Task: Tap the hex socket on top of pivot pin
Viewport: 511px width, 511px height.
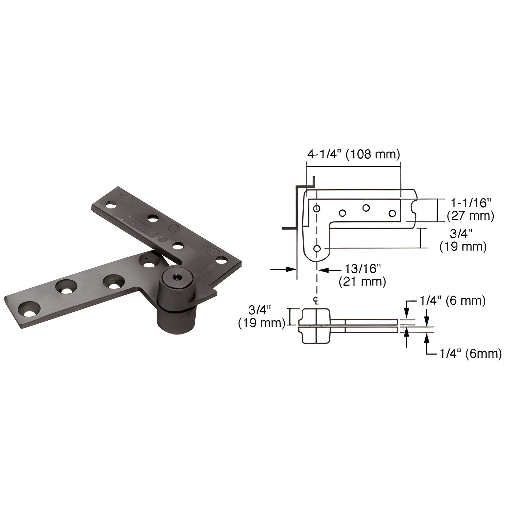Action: pyautogui.click(x=175, y=278)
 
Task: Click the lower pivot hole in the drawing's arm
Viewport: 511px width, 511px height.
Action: pyautogui.click(x=317, y=248)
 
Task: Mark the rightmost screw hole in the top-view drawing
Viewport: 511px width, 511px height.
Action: pyautogui.click(x=392, y=213)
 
